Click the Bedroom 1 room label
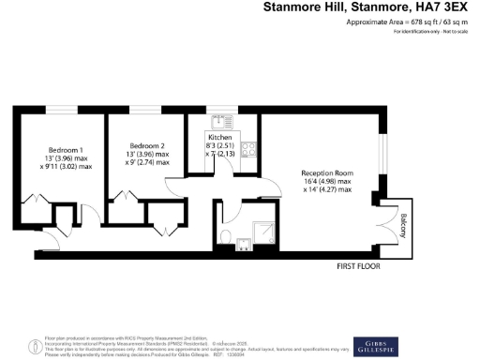[x=66, y=150]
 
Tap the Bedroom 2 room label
[x=146, y=145]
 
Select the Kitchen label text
[x=219, y=138]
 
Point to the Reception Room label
[x=326, y=173]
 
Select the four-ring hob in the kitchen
[x=248, y=149]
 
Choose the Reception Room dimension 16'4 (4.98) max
[x=326, y=182]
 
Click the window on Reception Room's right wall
[x=381, y=163]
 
